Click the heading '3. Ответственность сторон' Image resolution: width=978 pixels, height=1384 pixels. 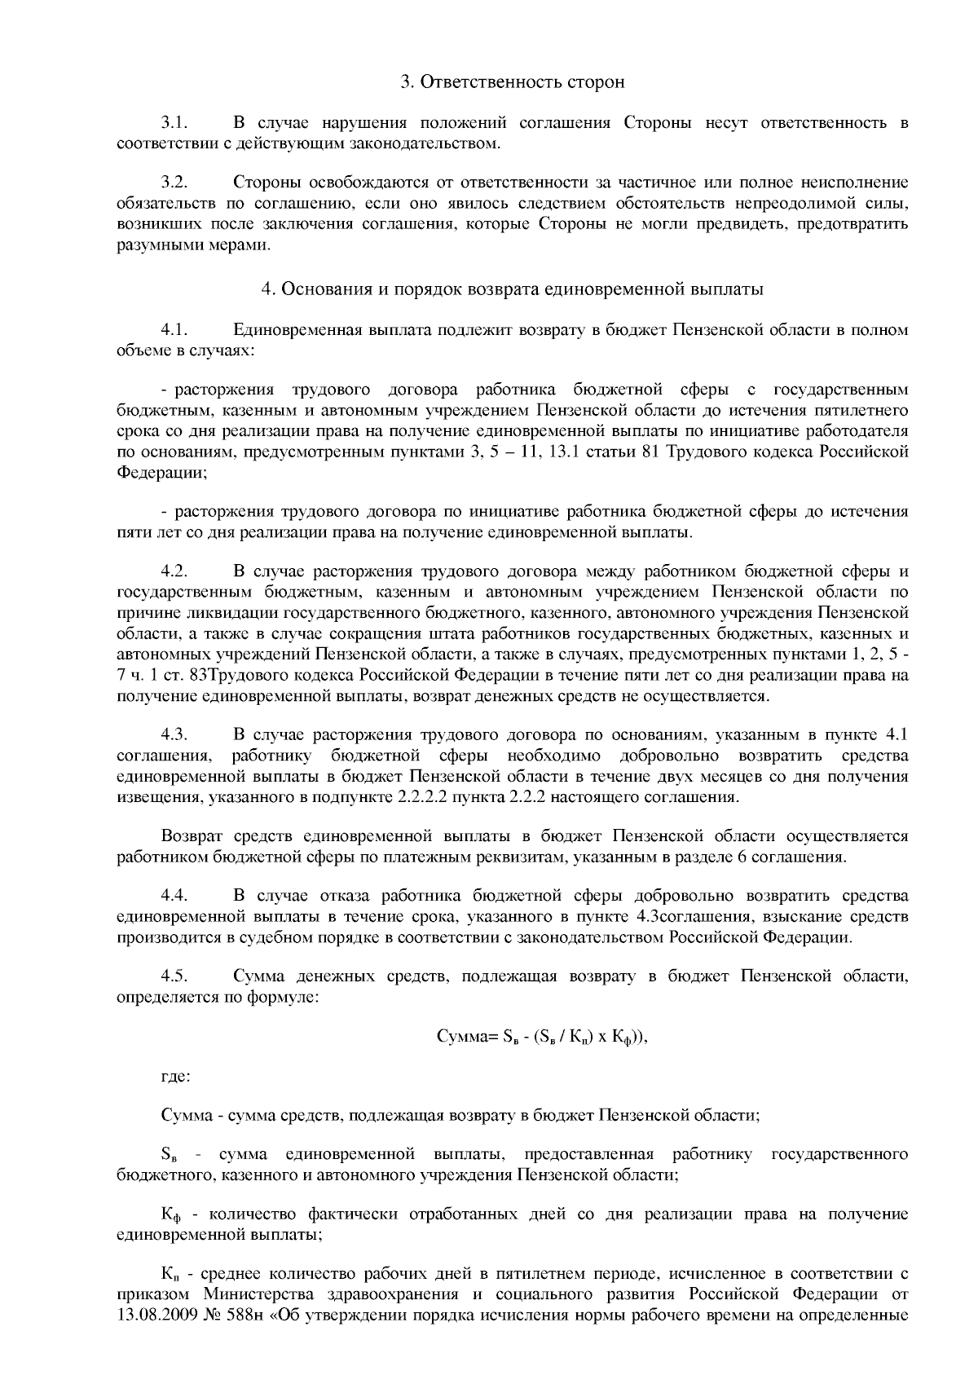point(513,82)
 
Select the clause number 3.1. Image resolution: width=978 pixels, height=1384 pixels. point(174,123)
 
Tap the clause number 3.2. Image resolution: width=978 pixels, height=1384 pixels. point(174,181)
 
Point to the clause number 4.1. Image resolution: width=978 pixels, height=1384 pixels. point(174,330)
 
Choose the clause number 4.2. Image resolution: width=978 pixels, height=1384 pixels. point(174,571)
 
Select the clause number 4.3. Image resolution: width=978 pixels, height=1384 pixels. point(174,735)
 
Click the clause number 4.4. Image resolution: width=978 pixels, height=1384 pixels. point(174,897)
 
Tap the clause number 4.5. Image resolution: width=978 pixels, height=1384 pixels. point(174,976)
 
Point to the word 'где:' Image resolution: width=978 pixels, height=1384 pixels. point(176,1077)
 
